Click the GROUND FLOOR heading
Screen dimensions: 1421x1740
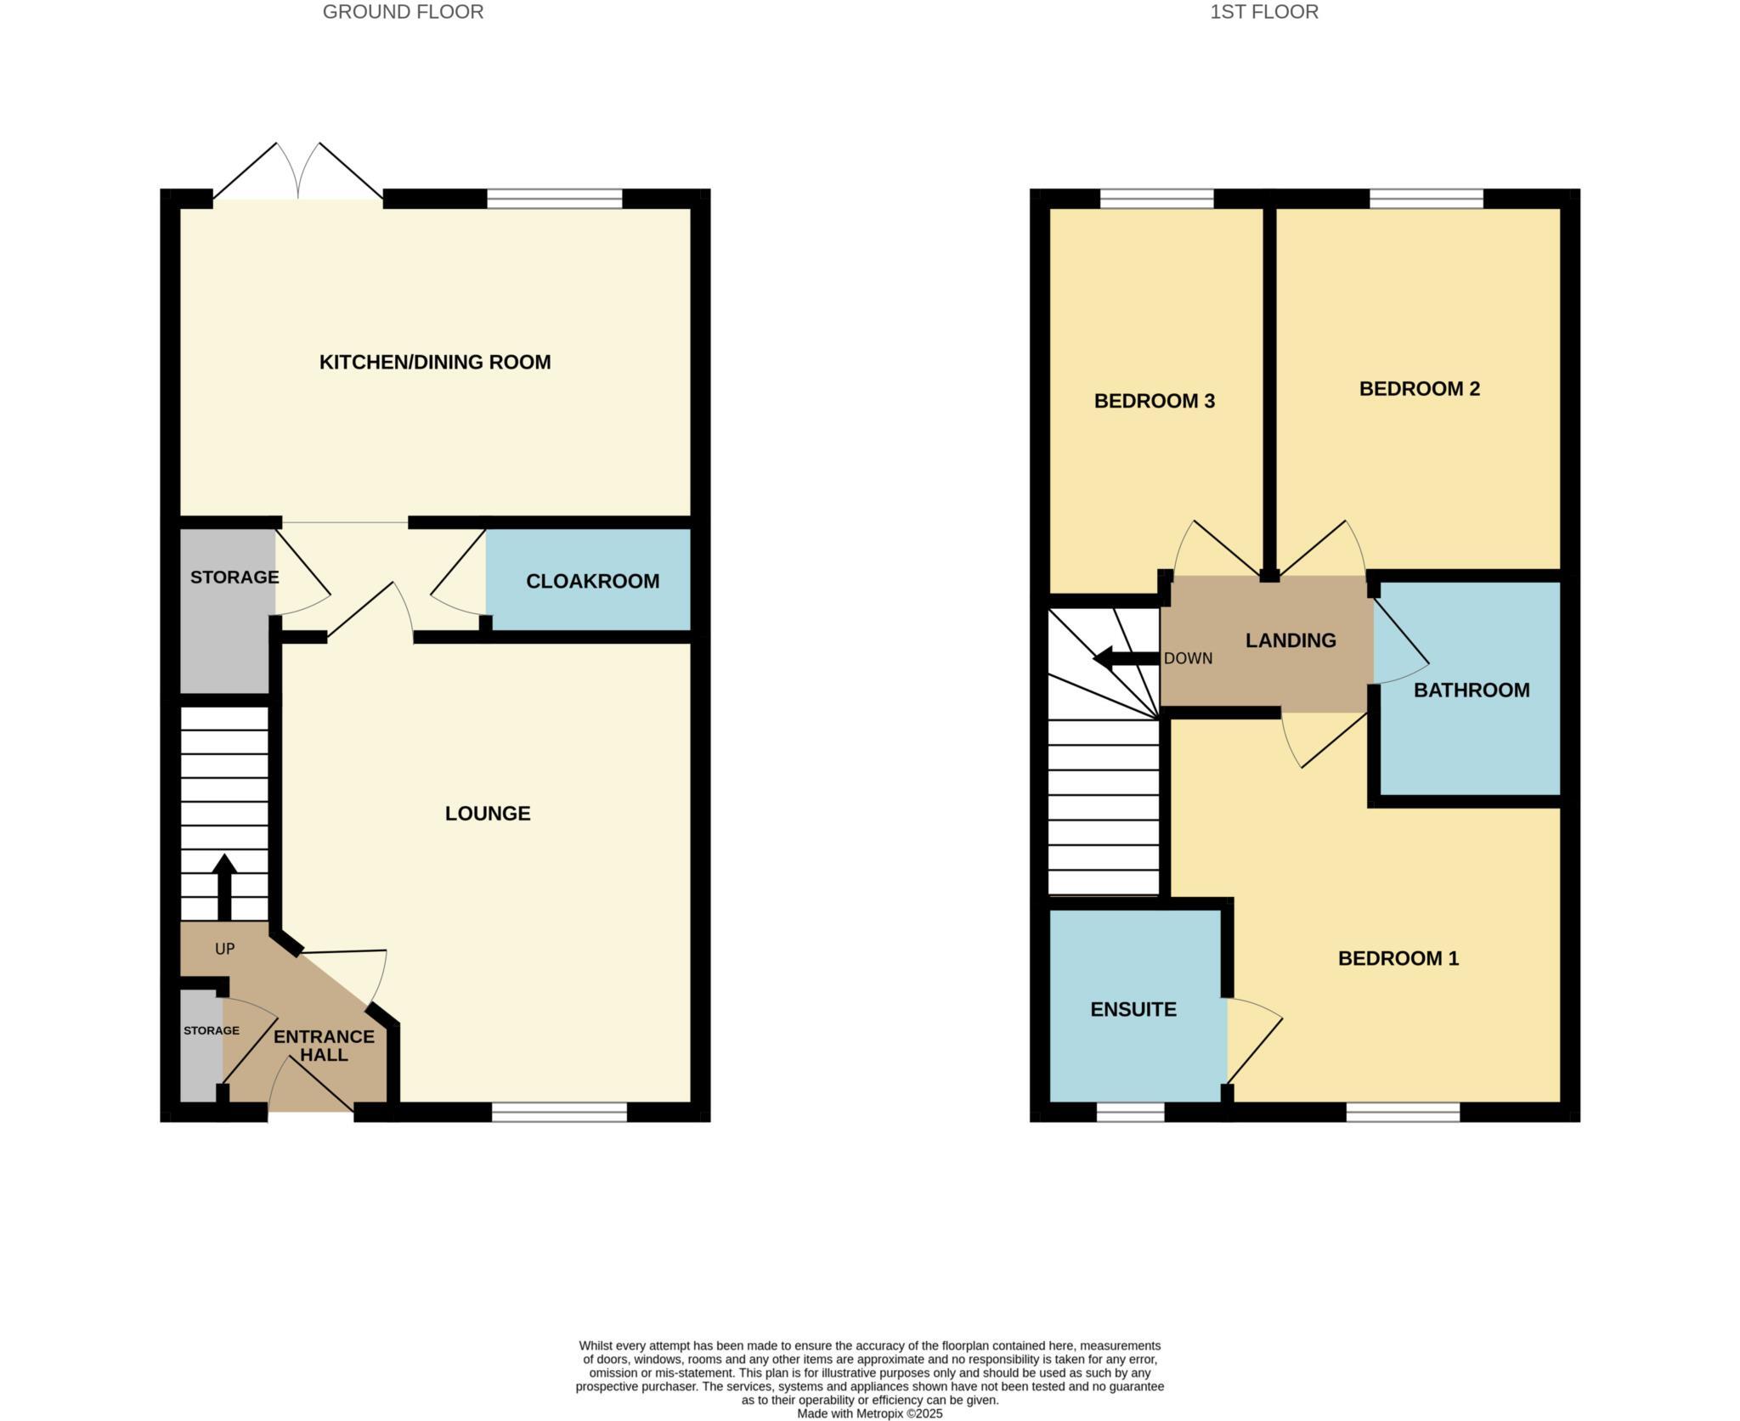click(403, 12)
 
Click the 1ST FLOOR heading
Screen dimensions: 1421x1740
click(1264, 12)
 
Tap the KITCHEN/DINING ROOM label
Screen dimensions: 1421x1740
click(435, 362)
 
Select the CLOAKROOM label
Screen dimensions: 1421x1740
click(592, 581)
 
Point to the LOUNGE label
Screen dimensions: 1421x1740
click(488, 813)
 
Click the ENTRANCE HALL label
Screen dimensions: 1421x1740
click(324, 1045)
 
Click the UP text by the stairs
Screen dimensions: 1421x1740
click(224, 949)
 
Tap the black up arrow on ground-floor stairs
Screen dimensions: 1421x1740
click(224, 885)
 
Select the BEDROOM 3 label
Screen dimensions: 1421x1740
click(1154, 401)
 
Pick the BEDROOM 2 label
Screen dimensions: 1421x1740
click(1419, 388)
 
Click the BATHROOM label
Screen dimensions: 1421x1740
click(1471, 690)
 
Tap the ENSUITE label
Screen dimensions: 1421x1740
click(1133, 1009)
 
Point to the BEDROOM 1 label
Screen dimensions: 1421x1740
click(1398, 958)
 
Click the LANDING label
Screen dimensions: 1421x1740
click(1291, 640)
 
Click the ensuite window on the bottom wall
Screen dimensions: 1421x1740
click(1130, 1112)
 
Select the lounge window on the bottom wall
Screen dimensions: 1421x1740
click(559, 1112)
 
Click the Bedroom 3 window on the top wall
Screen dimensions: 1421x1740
click(1156, 199)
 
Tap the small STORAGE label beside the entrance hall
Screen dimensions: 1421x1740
click(212, 1030)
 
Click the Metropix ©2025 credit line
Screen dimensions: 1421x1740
click(869, 1413)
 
